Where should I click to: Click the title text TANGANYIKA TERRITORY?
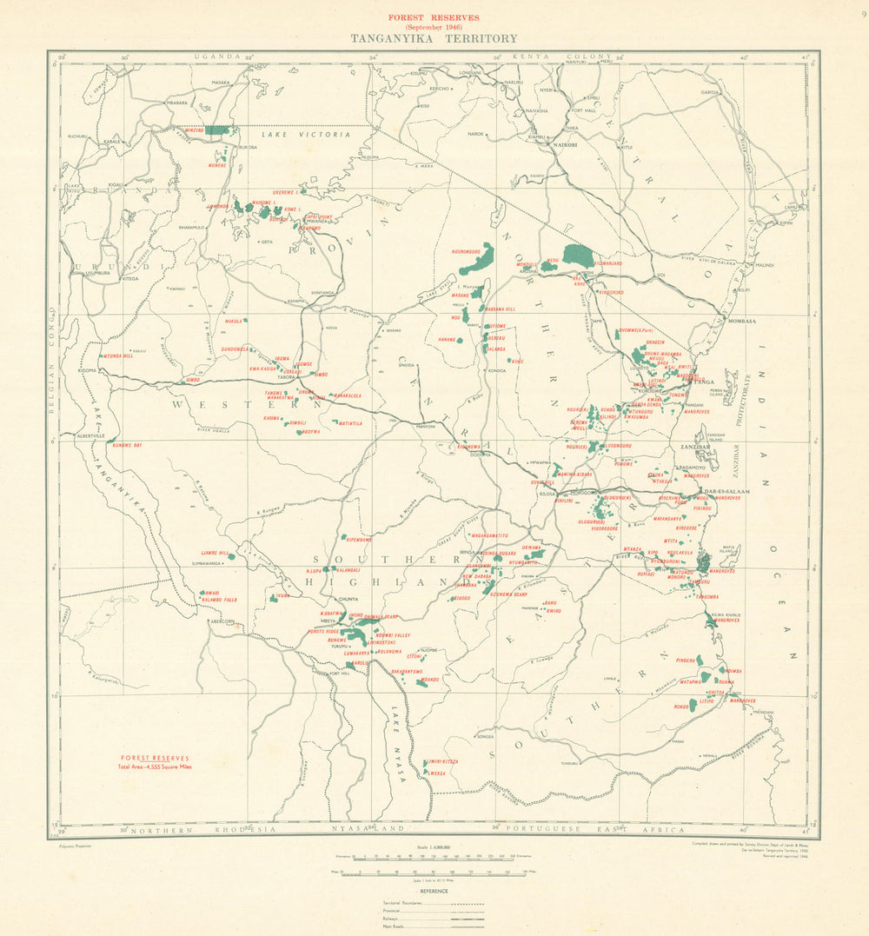click(434, 38)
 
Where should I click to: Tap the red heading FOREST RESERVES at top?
click(434, 17)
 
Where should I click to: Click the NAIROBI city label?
click(565, 144)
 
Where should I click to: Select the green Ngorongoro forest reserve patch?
click(479, 258)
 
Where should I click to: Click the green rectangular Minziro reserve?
click(220, 129)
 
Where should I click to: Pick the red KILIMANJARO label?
click(607, 262)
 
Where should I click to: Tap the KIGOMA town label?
click(87, 370)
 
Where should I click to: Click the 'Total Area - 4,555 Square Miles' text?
click(155, 767)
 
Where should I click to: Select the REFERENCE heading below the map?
click(434, 892)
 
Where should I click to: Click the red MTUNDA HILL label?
click(118, 356)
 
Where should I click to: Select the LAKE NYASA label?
click(400, 749)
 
